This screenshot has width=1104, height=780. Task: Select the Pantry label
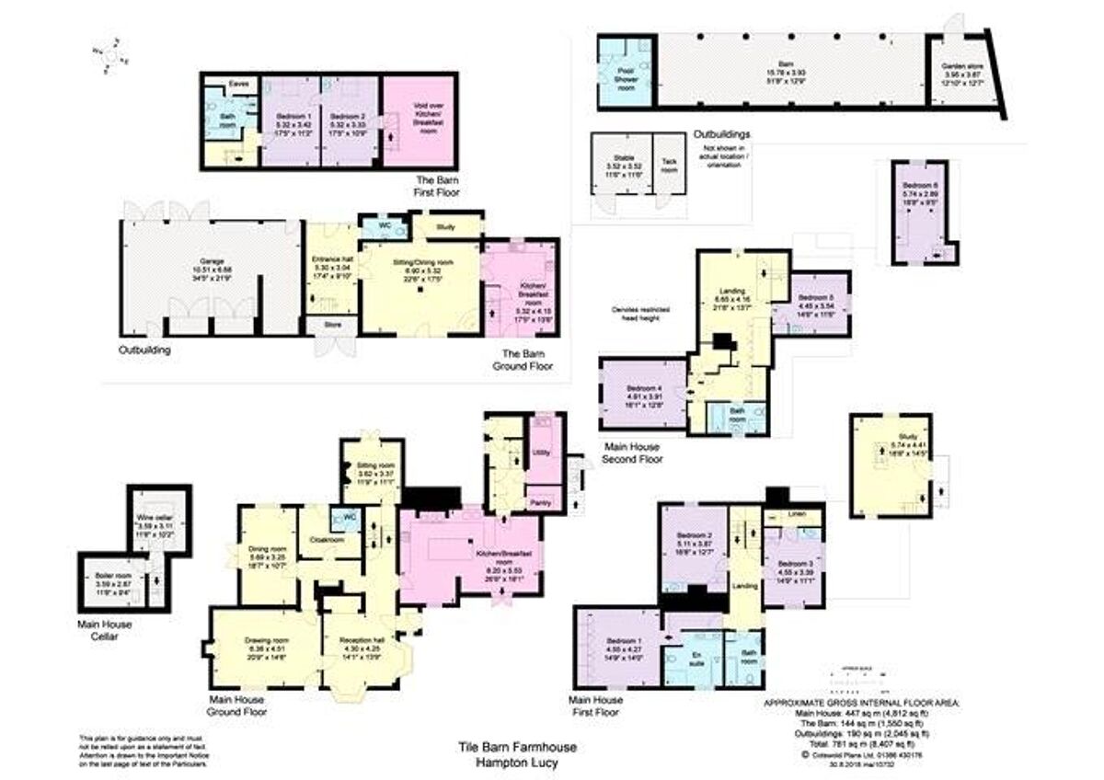[544, 501]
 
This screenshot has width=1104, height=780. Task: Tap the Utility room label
[543, 453]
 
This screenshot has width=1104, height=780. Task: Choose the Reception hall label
[359, 640]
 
